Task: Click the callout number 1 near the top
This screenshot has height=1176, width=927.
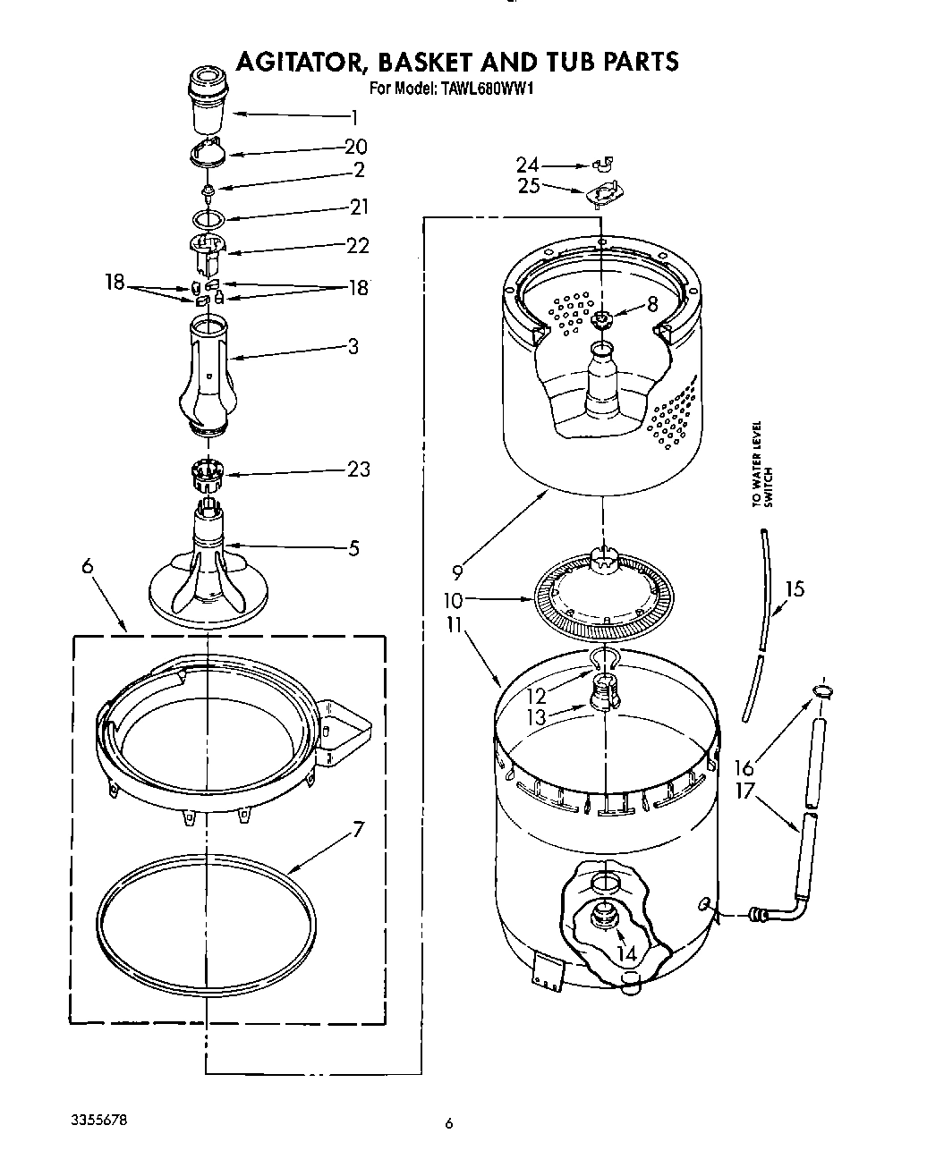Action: [x=354, y=116]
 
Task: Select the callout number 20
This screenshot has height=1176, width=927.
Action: [x=355, y=148]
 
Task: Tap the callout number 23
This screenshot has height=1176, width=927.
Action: [x=358, y=469]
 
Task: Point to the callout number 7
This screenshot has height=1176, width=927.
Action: [x=358, y=829]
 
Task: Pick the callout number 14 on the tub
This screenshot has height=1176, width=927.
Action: [x=626, y=953]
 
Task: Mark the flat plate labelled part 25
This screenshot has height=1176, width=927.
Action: [x=603, y=194]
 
